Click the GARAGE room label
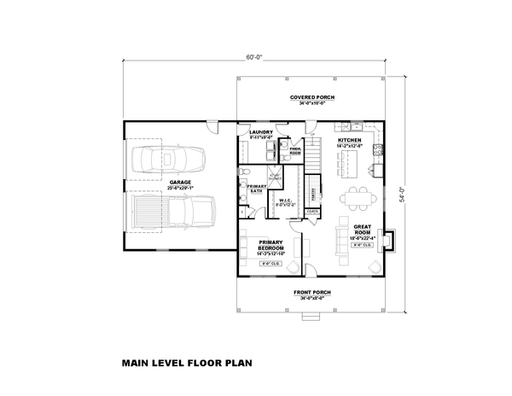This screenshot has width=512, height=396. (179, 182)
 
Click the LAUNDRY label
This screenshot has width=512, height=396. (260, 133)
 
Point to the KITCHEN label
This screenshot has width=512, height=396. (350, 140)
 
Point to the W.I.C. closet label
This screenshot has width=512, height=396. (285, 202)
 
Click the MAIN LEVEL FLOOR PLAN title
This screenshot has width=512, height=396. (186, 361)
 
